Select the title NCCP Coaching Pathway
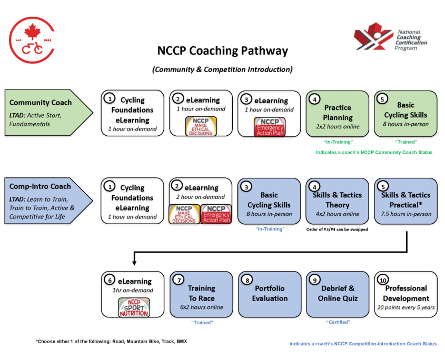(x=223, y=51)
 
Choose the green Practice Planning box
(x=338, y=113)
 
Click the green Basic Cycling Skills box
(x=406, y=113)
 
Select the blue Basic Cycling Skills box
(x=269, y=201)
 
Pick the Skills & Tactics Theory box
(x=338, y=201)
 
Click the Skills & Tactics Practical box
(x=406, y=201)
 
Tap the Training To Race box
(x=201, y=294)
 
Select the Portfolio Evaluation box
(x=269, y=294)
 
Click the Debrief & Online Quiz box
(x=338, y=294)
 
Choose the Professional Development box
(x=406, y=294)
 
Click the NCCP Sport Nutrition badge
(x=133, y=307)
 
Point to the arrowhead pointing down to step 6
(x=134, y=261)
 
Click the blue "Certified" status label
(x=337, y=322)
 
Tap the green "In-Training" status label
(x=338, y=142)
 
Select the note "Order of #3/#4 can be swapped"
(x=338, y=229)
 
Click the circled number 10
(x=383, y=279)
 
